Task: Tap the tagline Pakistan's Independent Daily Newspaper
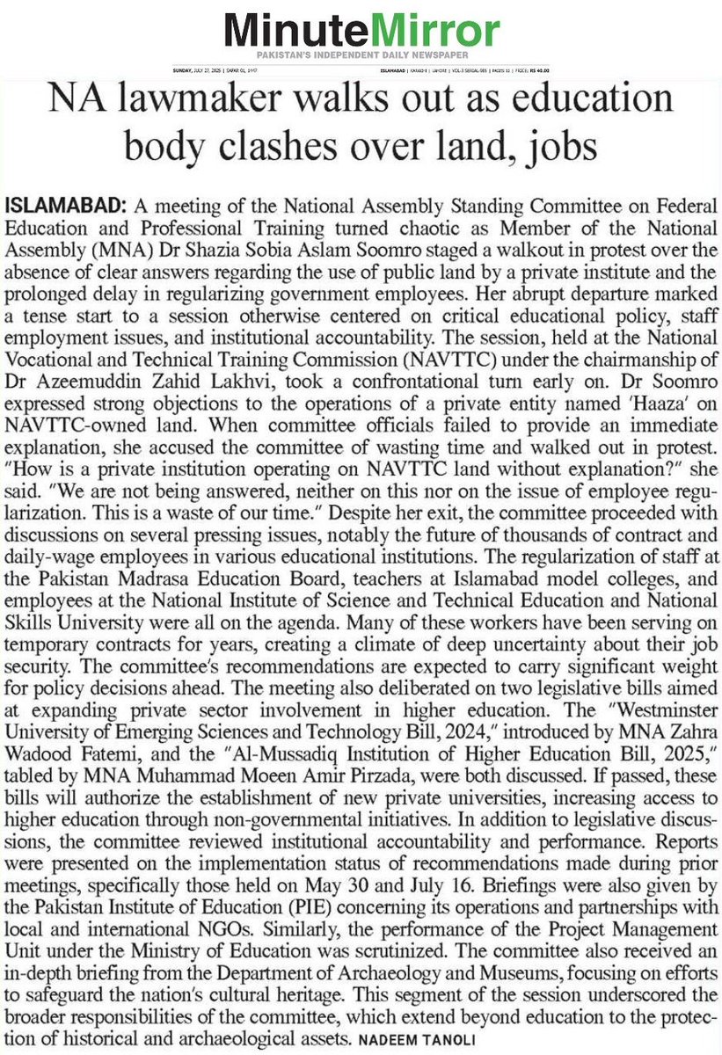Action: pos(361,58)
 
